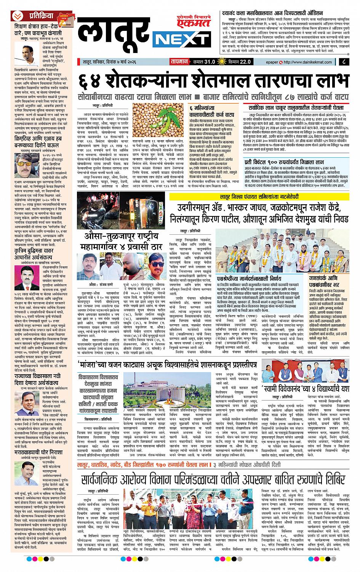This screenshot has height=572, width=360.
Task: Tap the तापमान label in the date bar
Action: click(x=178, y=62)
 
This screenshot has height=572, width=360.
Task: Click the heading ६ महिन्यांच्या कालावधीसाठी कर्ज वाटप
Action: click(x=211, y=111)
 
